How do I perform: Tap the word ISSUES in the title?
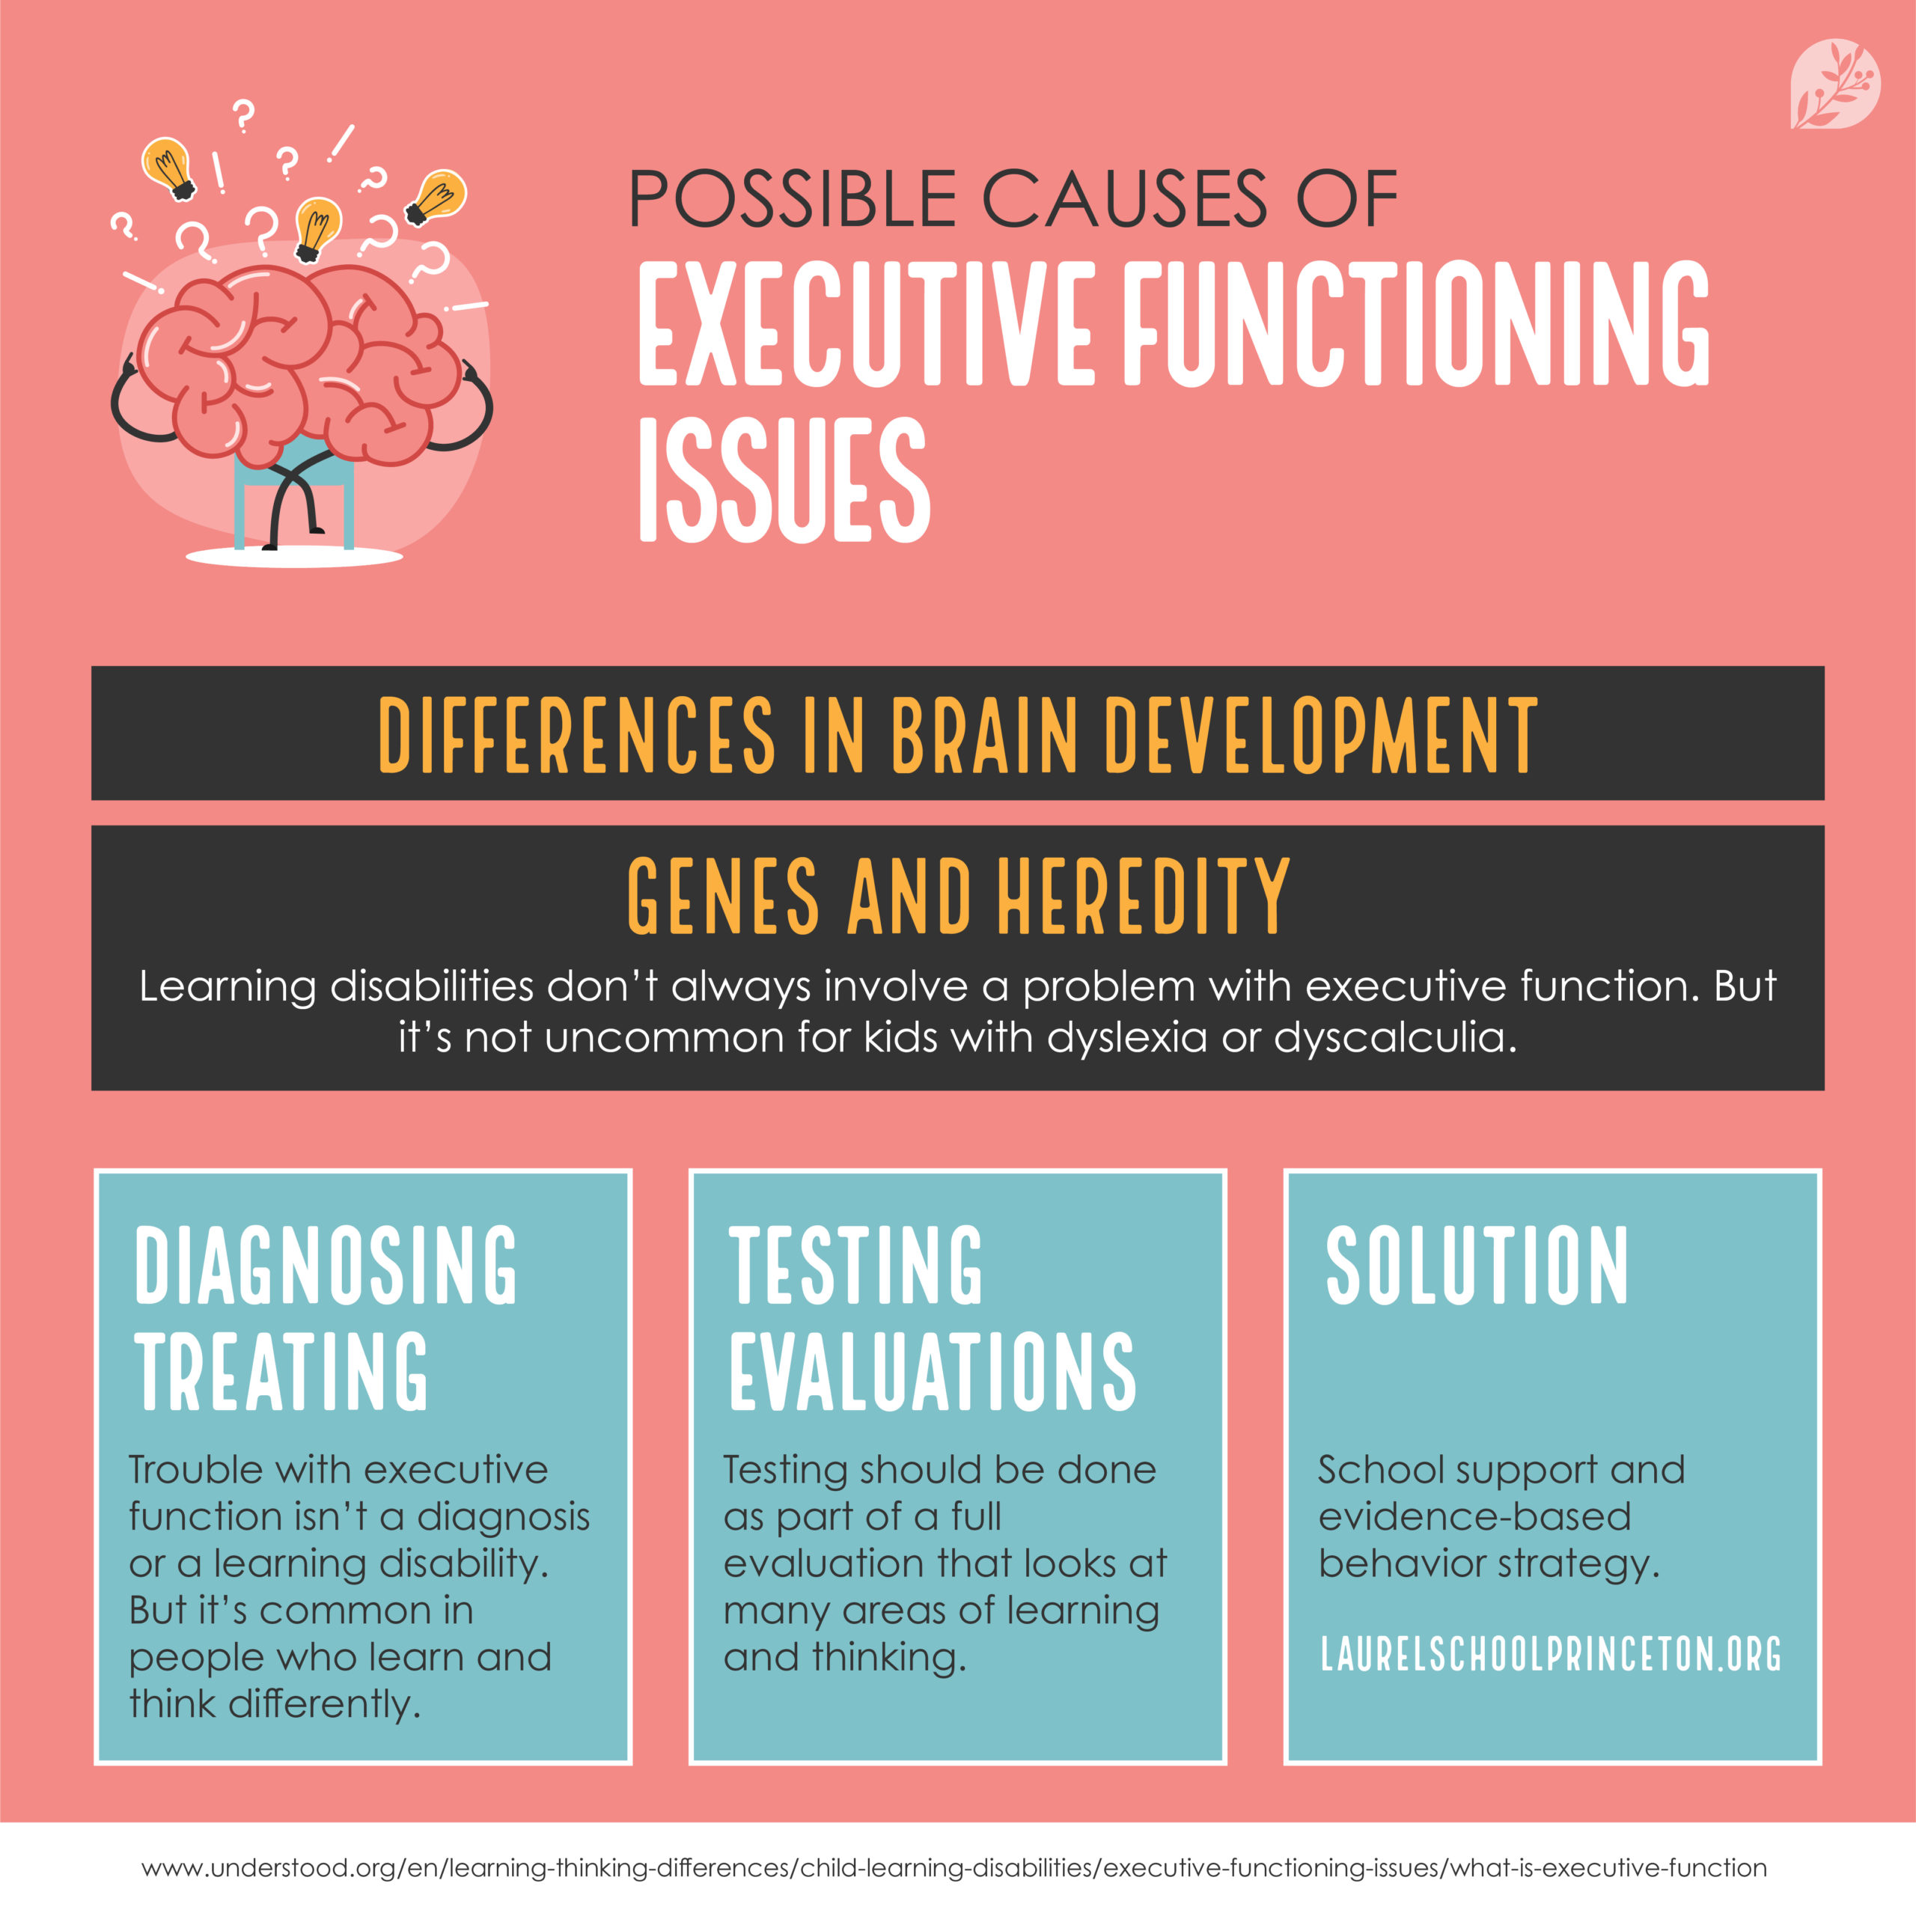(x=784, y=479)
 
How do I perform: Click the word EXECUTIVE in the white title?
(x=864, y=324)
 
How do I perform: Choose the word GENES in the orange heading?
(x=723, y=897)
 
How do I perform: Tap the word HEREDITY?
(x=1142, y=897)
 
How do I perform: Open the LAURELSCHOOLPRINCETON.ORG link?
(x=1551, y=1653)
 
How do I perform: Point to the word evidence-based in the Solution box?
(x=1474, y=1516)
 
